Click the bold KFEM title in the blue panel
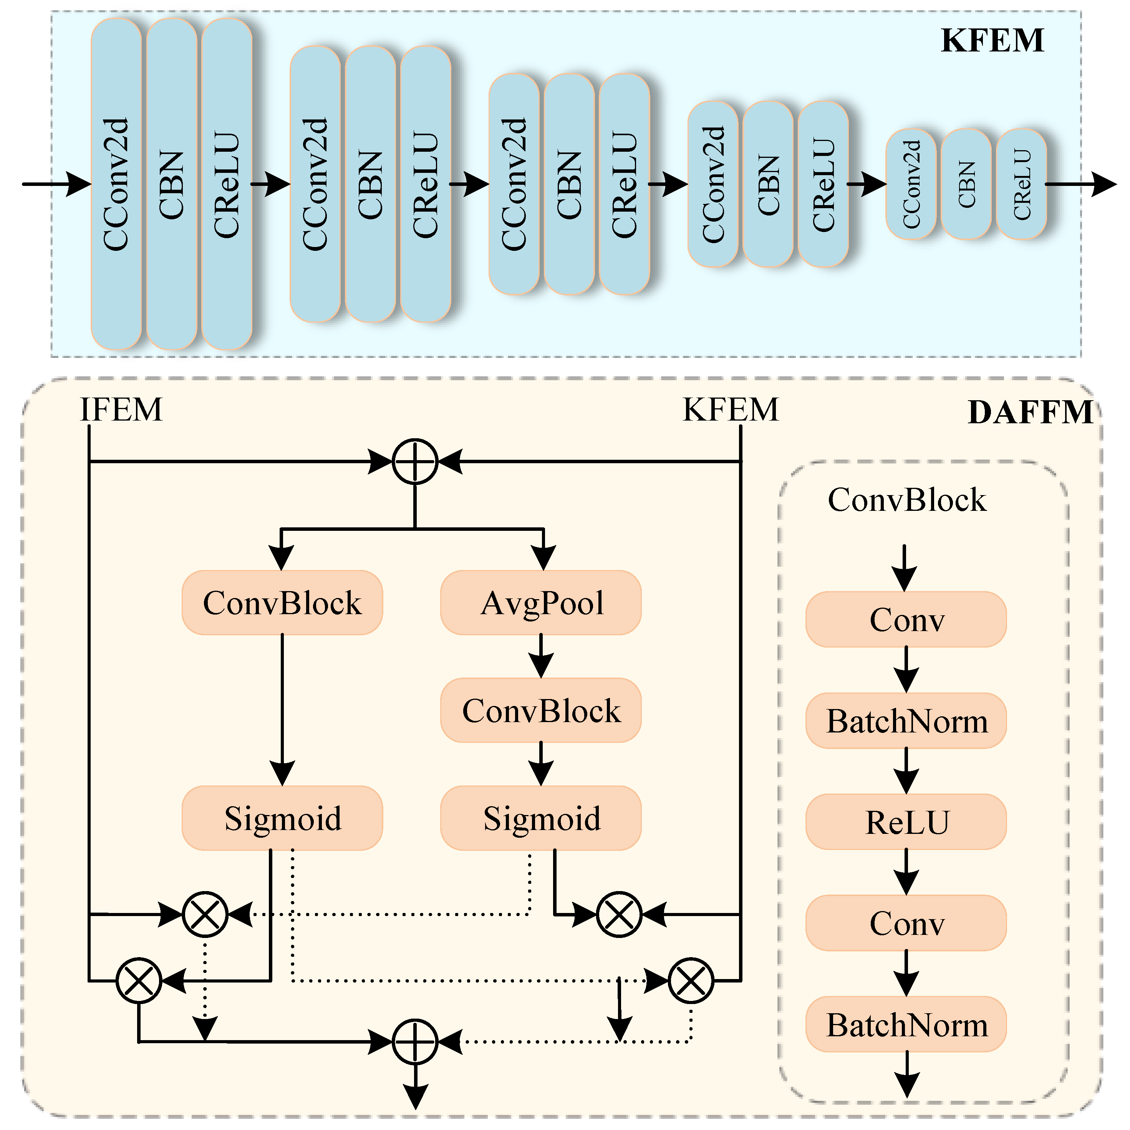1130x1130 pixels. tap(992, 41)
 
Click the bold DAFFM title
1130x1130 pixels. tap(1031, 413)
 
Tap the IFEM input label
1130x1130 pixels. tap(121, 410)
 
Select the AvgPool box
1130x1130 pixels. tap(541, 603)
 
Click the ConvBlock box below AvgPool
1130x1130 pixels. tap(541, 711)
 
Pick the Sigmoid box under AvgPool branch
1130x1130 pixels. tap(541, 818)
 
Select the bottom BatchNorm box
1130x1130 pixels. tap(906, 1025)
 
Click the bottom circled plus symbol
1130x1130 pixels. tap(415, 1042)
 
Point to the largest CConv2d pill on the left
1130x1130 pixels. tap(116, 184)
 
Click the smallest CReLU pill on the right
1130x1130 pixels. tap(1021, 184)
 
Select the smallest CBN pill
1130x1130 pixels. tap(966, 184)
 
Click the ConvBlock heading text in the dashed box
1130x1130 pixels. tap(906, 500)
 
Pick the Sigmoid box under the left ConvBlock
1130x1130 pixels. tap(283, 818)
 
